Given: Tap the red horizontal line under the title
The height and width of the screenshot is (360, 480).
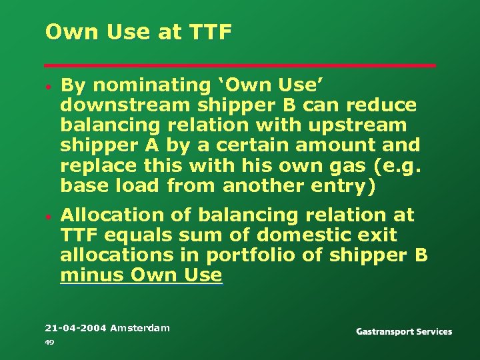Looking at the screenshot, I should [x=240, y=65].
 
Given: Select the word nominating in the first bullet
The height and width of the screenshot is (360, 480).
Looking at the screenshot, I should [x=139, y=85].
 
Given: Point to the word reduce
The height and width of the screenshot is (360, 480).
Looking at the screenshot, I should [x=386, y=105].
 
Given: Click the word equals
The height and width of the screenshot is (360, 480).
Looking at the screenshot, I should [x=150, y=235].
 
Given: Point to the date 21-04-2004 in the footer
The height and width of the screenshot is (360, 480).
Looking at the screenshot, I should [x=75, y=328].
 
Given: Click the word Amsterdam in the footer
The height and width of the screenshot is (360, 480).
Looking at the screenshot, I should [x=140, y=328].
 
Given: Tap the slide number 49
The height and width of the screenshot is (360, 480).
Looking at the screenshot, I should [x=49, y=342].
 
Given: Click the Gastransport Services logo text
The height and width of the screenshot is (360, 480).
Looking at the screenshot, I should [x=403, y=331].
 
